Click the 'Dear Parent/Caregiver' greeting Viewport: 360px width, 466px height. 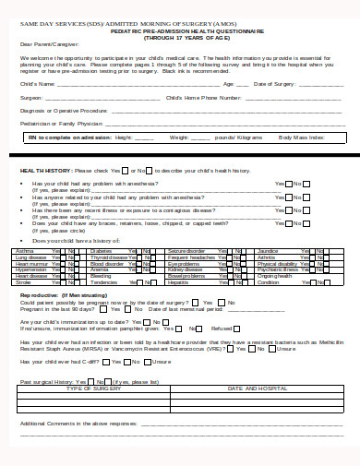click(x=43, y=43)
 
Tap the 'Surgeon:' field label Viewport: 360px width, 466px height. click(x=30, y=96)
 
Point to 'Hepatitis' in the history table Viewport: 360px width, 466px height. click(x=178, y=282)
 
